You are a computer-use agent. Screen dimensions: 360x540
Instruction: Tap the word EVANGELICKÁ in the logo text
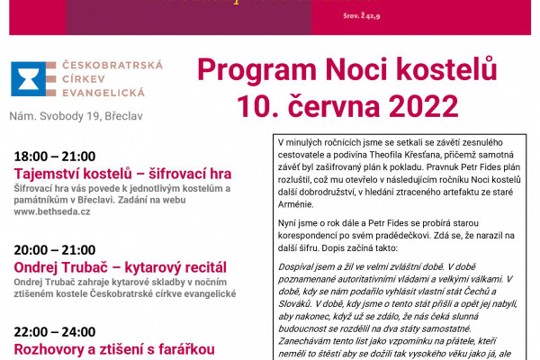[x=98, y=93]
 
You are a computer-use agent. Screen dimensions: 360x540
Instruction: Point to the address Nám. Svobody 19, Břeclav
[x=75, y=116]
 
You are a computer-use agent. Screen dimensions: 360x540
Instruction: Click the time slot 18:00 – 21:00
[x=55, y=156]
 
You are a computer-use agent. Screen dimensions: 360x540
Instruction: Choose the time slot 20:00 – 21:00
[x=55, y=249]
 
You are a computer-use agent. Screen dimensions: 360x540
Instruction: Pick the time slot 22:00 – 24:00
[x=55, y=331]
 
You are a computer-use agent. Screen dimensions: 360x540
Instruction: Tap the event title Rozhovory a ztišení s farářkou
[x=112, y=349]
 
